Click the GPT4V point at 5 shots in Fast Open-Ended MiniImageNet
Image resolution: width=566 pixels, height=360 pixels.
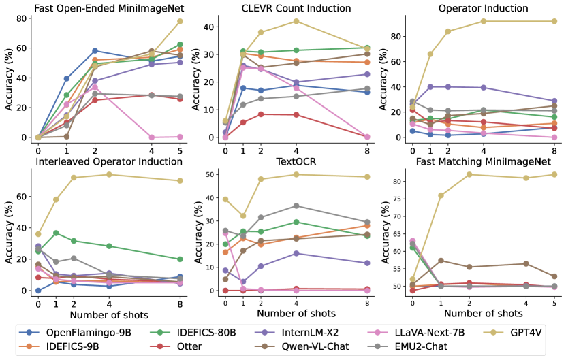click(180, 21)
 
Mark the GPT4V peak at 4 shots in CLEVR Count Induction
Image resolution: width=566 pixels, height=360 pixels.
click(296, 21)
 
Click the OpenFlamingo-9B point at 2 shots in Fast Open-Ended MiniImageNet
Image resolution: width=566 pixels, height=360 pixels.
click(95, 51)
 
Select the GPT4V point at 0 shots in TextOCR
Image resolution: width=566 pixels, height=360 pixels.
click(225, 199)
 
